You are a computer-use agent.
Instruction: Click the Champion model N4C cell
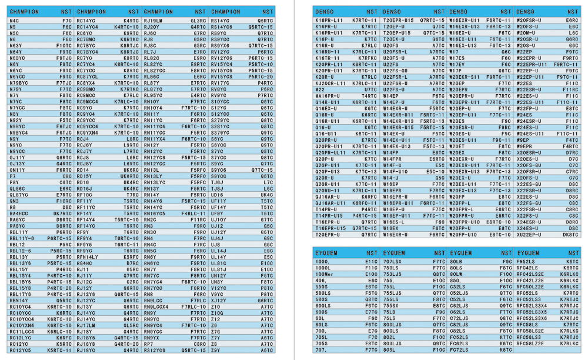[15, 21]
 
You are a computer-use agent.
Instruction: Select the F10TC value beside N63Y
[64, 45]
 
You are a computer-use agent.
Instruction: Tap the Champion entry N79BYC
[20, 83]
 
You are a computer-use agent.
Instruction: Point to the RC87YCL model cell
[88, 76]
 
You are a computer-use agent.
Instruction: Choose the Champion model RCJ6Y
[85, 145]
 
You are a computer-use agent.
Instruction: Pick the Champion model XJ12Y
[218, 301]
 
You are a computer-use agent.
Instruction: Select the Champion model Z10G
[217, 313]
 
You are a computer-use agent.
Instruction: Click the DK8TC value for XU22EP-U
[570, 234]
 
